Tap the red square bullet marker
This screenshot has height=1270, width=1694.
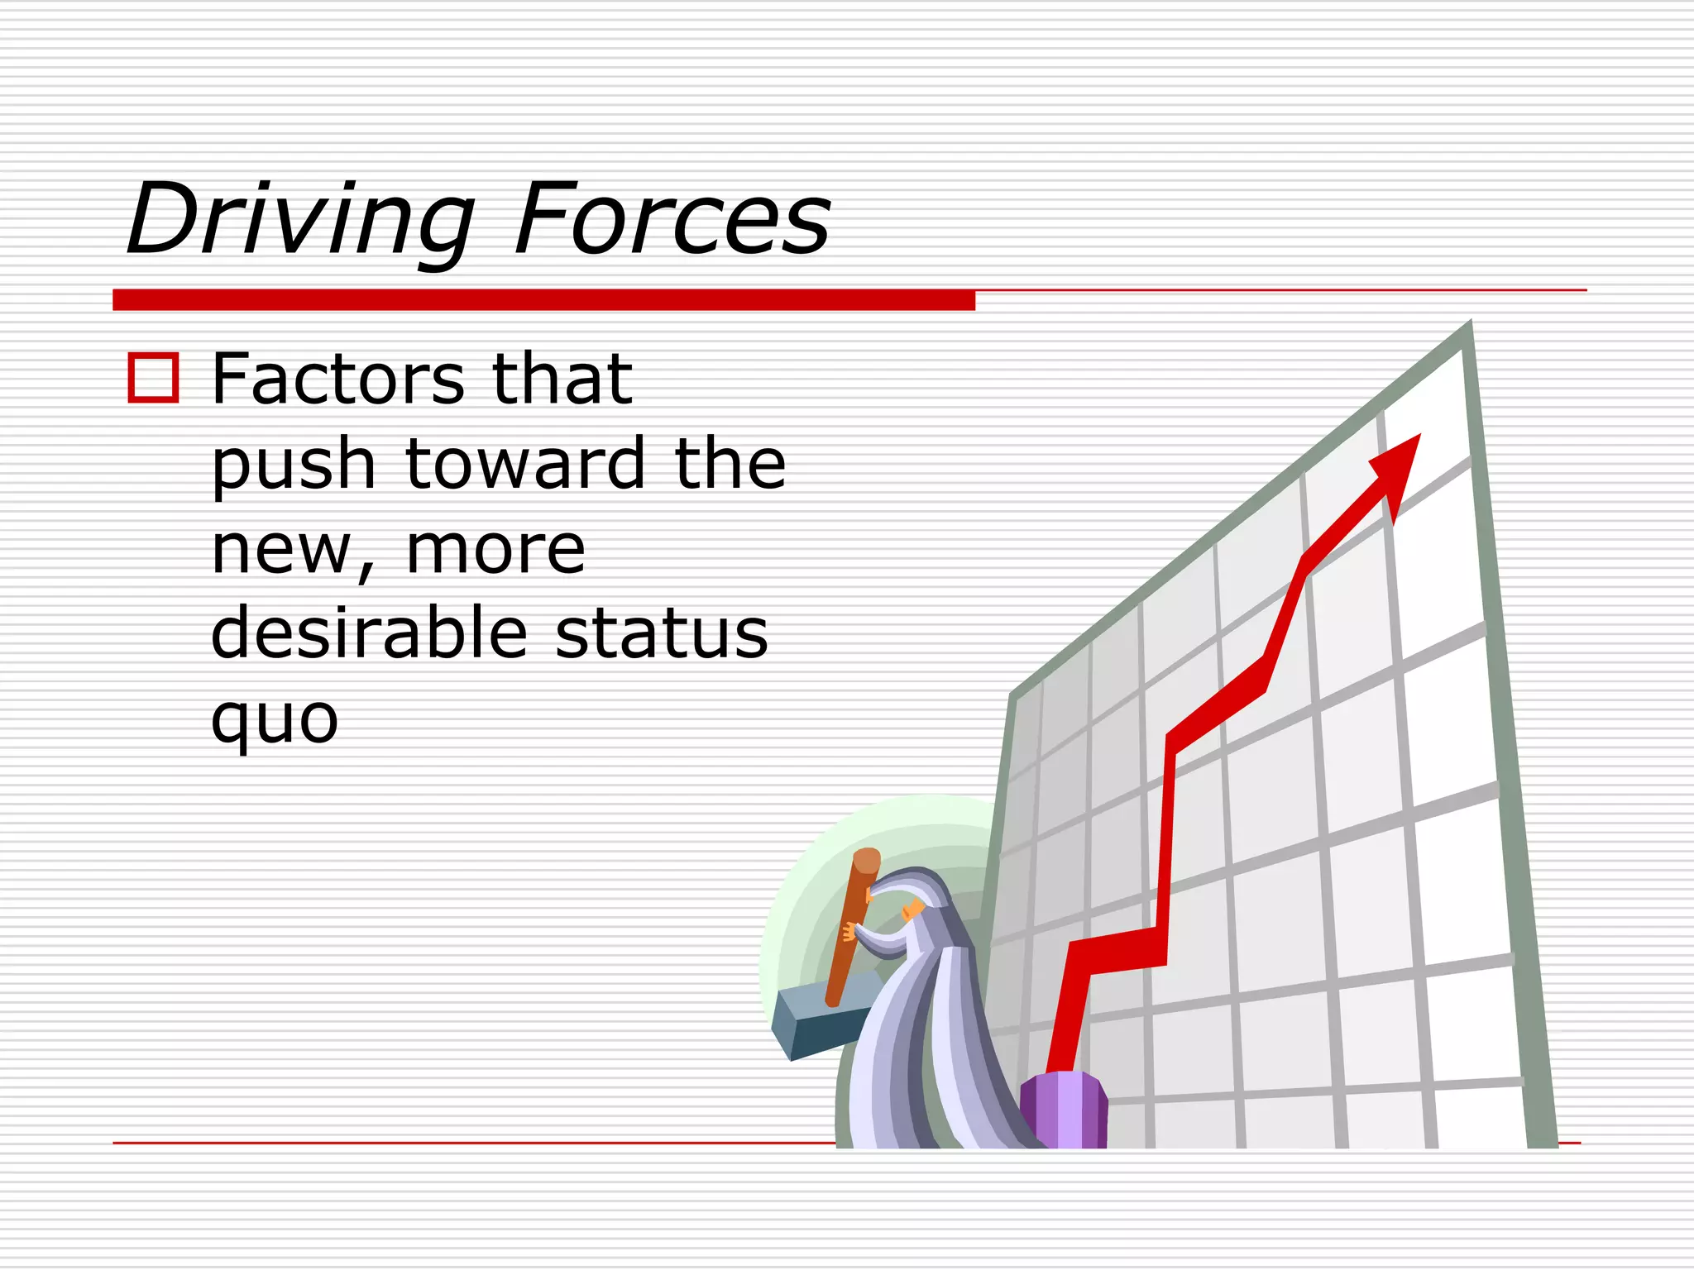[153, 378]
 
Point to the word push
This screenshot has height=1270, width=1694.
[294, 466]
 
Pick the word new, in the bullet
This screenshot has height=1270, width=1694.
[294, 551]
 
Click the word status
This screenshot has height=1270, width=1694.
[662, 633]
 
